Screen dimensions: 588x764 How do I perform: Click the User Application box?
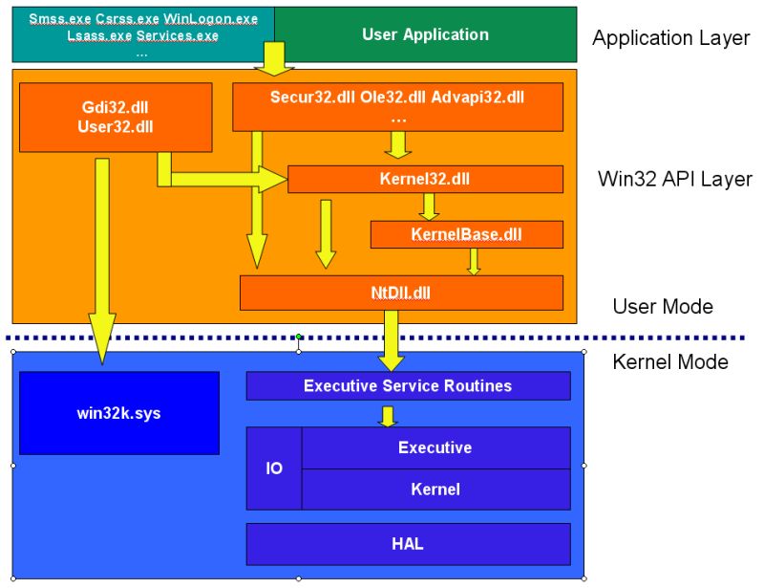click(425, 34)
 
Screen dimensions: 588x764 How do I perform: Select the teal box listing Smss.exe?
click(142, 34)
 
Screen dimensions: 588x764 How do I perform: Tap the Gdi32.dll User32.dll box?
click(116, 117)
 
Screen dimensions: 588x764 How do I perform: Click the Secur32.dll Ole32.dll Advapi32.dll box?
click(397, 106)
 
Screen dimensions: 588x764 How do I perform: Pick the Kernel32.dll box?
click(425, 179)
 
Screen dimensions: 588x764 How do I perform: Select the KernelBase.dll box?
click(466, 234)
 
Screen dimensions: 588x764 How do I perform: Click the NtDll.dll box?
click(401, 293)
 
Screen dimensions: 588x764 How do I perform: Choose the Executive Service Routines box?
click(408, 386)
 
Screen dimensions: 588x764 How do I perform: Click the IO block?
click(274, 468)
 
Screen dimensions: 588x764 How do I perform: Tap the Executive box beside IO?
click(435, 447)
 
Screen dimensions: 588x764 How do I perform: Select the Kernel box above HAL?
click(435, 489)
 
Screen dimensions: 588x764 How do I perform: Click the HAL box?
click(408, 544)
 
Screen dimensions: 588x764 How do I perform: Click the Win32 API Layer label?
click(674, 179)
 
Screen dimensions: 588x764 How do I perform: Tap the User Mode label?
click(662, 306)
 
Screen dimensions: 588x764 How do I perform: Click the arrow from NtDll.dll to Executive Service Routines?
click(392, 341)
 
